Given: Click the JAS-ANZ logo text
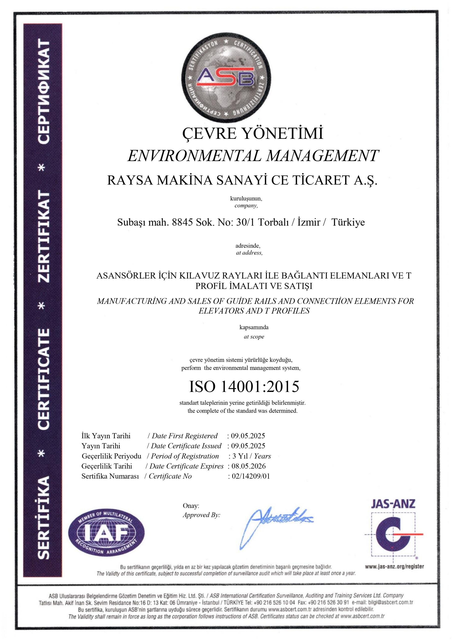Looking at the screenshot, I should [393, 504].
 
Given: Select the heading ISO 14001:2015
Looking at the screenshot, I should [244, 386].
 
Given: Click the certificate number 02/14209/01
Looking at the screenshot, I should [251, 476].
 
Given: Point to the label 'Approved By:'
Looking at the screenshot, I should [201, 515].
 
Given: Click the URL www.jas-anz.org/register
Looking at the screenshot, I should [394, 566].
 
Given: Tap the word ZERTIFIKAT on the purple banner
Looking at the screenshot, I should [44, 236].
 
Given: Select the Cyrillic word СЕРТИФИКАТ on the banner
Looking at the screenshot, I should [44, 92].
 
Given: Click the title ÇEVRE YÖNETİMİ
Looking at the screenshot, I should [253, 133].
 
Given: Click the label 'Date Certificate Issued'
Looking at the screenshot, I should [186, 446].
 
